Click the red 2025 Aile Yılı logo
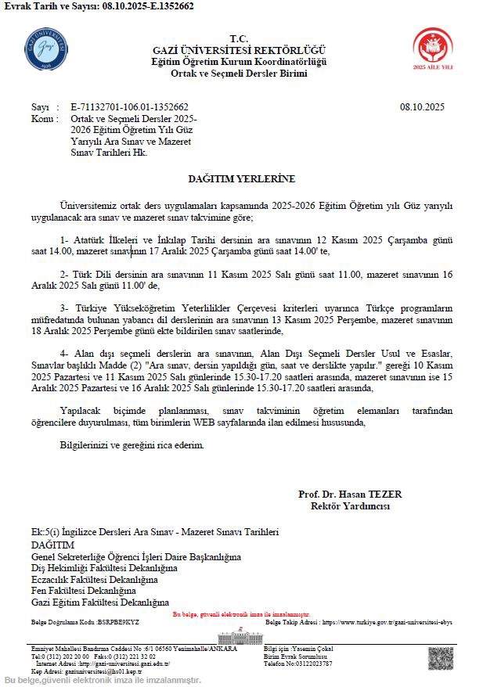pyautogui.click(x=433, y=49)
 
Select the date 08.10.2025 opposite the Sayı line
pyautogui.click(x=421, y=107)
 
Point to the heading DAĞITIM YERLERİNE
pyautogui.click(x=241, y=179)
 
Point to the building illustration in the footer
pyautogui.click(x=240, y=636)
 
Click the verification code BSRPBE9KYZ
pyautogui.click(x=119, y=622)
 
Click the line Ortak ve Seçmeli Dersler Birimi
pyautogui.click(x=239, y=74)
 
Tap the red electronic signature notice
pyautogui.click(x=240, y=614)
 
